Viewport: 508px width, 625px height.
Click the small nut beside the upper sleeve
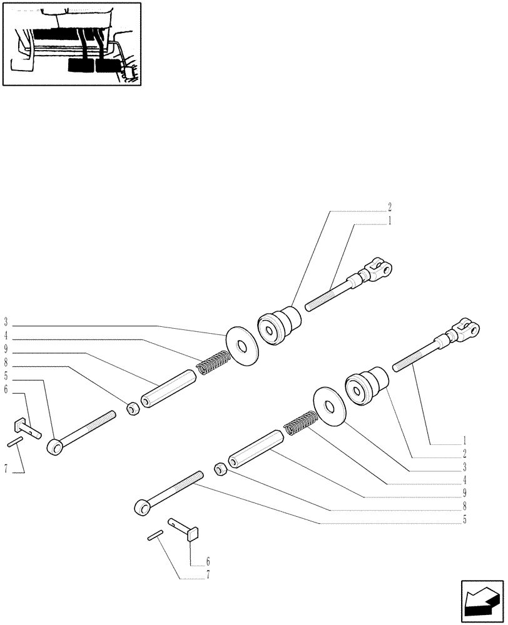click(x=132, y=409)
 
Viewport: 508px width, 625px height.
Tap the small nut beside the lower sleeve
click(x=220, y=468)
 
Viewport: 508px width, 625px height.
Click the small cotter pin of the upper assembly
click(x=15, y=442)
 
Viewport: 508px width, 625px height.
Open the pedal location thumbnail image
click(x=71, y=43)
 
